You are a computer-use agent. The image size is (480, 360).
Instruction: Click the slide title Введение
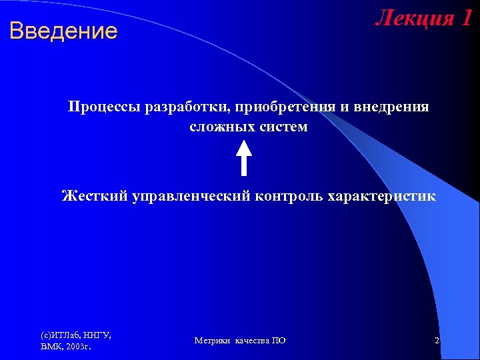[63, 31]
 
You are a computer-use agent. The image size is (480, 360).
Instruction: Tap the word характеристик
[382, 196]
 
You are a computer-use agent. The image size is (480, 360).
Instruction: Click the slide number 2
[437, 341]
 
